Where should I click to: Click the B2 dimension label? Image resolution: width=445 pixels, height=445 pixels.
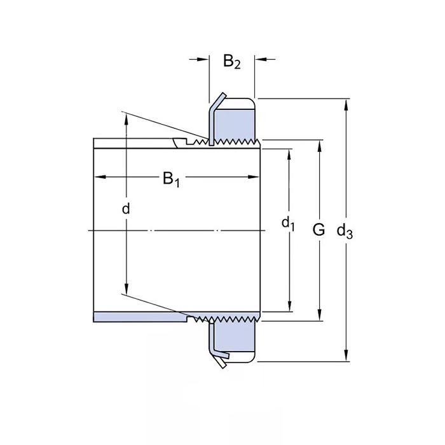point(232,62)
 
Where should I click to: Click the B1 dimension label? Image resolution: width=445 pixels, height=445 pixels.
point(172,179)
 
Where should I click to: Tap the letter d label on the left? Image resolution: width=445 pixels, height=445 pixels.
point(126,208)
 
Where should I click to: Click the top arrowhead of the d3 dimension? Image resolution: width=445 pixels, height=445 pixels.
point(346,104)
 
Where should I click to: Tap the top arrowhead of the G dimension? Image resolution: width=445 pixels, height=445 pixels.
point(319,144)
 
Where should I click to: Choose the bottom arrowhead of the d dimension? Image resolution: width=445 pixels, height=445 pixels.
point(126,289)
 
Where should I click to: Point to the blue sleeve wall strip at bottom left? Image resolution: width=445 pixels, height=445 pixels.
point(137,317)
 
